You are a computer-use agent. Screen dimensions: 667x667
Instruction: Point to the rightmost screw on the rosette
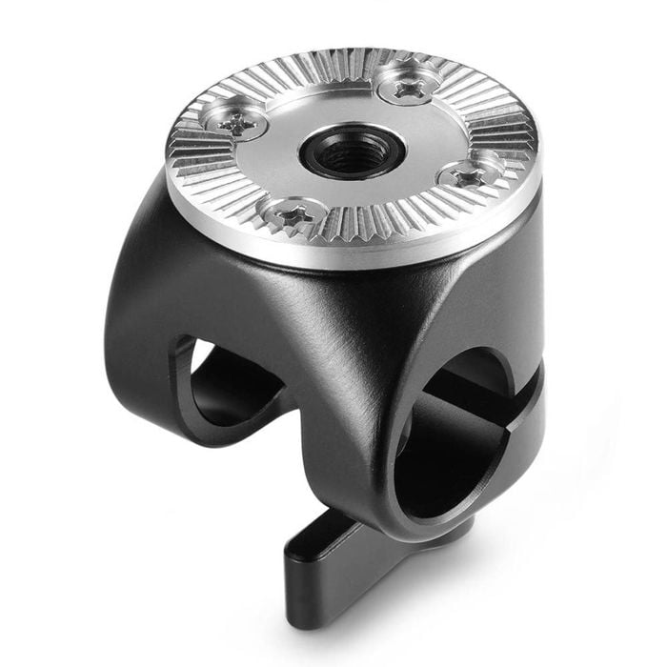467,174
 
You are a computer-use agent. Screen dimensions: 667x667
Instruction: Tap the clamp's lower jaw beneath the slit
515,448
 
